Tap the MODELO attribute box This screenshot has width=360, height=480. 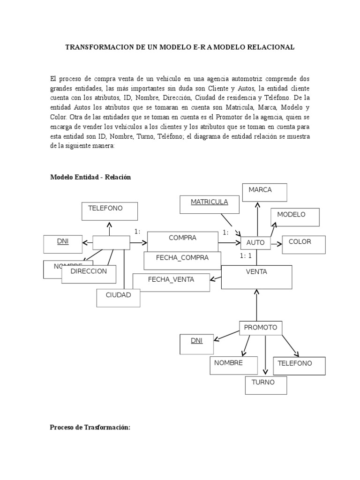coord(295,217)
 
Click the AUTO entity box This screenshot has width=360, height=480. coord(255,243)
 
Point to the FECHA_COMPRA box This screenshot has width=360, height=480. coord(182,260)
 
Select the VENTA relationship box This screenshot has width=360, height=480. coord(256,277)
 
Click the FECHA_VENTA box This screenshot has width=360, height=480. coord(171,282)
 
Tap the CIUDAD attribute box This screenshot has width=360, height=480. coord(118,298)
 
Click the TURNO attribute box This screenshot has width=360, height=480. coord(266,385)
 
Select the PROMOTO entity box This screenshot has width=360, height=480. coord(261,328)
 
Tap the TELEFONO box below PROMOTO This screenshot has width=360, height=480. coord(299,366)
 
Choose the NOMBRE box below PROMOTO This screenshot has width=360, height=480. coord(233,365)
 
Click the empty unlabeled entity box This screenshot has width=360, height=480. coord(111,242)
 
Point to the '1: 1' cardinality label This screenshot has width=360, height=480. coord(246,256)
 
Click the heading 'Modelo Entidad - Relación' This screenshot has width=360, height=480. coord(90,177)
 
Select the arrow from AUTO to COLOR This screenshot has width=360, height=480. coord(276,243)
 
